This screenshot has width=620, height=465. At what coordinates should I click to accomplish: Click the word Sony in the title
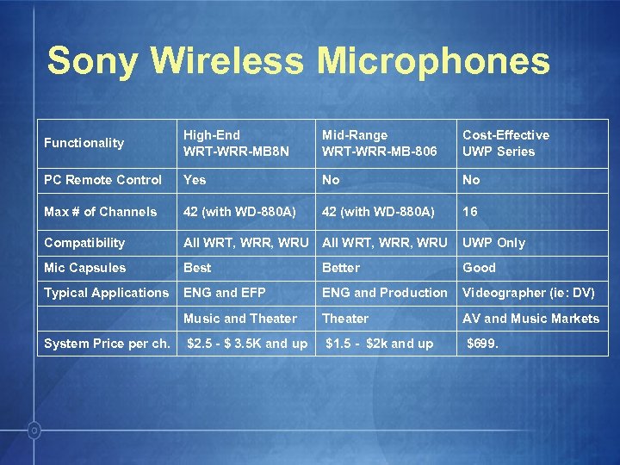coord(92,61)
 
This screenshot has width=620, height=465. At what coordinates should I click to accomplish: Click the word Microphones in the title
coord(433,61)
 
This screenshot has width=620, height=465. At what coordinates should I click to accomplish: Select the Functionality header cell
coord(84,143)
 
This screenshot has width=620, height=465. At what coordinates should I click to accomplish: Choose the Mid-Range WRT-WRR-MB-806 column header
coord(380,143)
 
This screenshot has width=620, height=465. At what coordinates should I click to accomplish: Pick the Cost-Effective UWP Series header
coord(505,143)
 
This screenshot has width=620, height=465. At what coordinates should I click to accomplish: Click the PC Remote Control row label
coord(102,180)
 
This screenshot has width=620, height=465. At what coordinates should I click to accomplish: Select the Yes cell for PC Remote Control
coord(195,180)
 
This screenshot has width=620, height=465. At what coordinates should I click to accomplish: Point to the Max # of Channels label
coord(101,212)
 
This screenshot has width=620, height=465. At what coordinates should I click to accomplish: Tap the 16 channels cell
coord(470,212)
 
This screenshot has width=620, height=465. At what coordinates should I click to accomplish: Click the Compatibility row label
coord(84,243)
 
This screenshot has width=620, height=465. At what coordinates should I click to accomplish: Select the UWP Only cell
coord(494,243)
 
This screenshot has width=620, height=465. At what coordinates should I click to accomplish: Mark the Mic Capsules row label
coord(84,268)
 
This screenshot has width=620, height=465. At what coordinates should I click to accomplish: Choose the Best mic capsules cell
coord(197,268)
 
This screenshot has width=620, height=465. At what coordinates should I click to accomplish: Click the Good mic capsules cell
coord(480,268)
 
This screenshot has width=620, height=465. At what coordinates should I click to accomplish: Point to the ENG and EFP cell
coord(225,293)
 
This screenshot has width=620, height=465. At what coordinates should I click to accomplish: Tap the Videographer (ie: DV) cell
coord(529,293)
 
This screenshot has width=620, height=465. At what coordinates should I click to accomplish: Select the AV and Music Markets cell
coord(530,319)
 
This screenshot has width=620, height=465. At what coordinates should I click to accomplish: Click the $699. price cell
coord(482,344)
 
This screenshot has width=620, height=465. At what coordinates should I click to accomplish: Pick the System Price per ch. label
coord(107,344)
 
